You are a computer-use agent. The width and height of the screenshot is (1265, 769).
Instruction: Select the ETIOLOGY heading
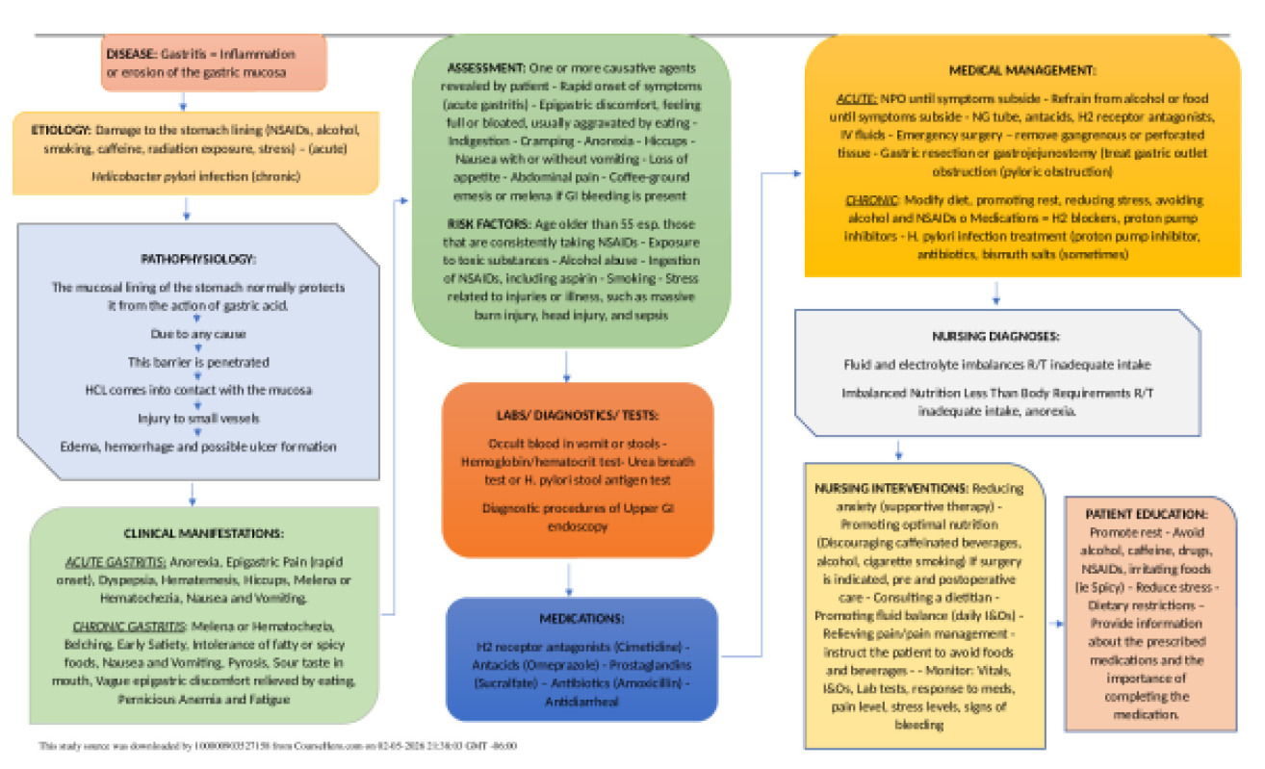61,128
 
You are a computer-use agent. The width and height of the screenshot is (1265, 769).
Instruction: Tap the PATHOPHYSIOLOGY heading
198,260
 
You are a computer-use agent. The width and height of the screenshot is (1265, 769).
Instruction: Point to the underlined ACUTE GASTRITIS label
116,560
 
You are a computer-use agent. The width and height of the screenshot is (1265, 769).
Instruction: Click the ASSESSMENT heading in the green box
486,70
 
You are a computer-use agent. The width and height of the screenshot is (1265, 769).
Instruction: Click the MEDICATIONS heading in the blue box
581,618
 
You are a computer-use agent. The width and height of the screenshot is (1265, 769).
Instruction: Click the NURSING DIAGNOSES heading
995,337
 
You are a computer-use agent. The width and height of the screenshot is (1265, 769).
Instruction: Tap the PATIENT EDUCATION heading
1147,515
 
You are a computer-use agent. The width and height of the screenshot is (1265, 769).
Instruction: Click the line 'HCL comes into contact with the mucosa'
197,390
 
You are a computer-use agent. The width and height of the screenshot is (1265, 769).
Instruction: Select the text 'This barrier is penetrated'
198,362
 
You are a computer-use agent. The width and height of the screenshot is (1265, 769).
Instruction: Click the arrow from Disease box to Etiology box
183,101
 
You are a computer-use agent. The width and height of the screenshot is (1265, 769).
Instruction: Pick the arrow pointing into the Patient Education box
1054,624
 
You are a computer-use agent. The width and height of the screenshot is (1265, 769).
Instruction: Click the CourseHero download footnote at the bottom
279,746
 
